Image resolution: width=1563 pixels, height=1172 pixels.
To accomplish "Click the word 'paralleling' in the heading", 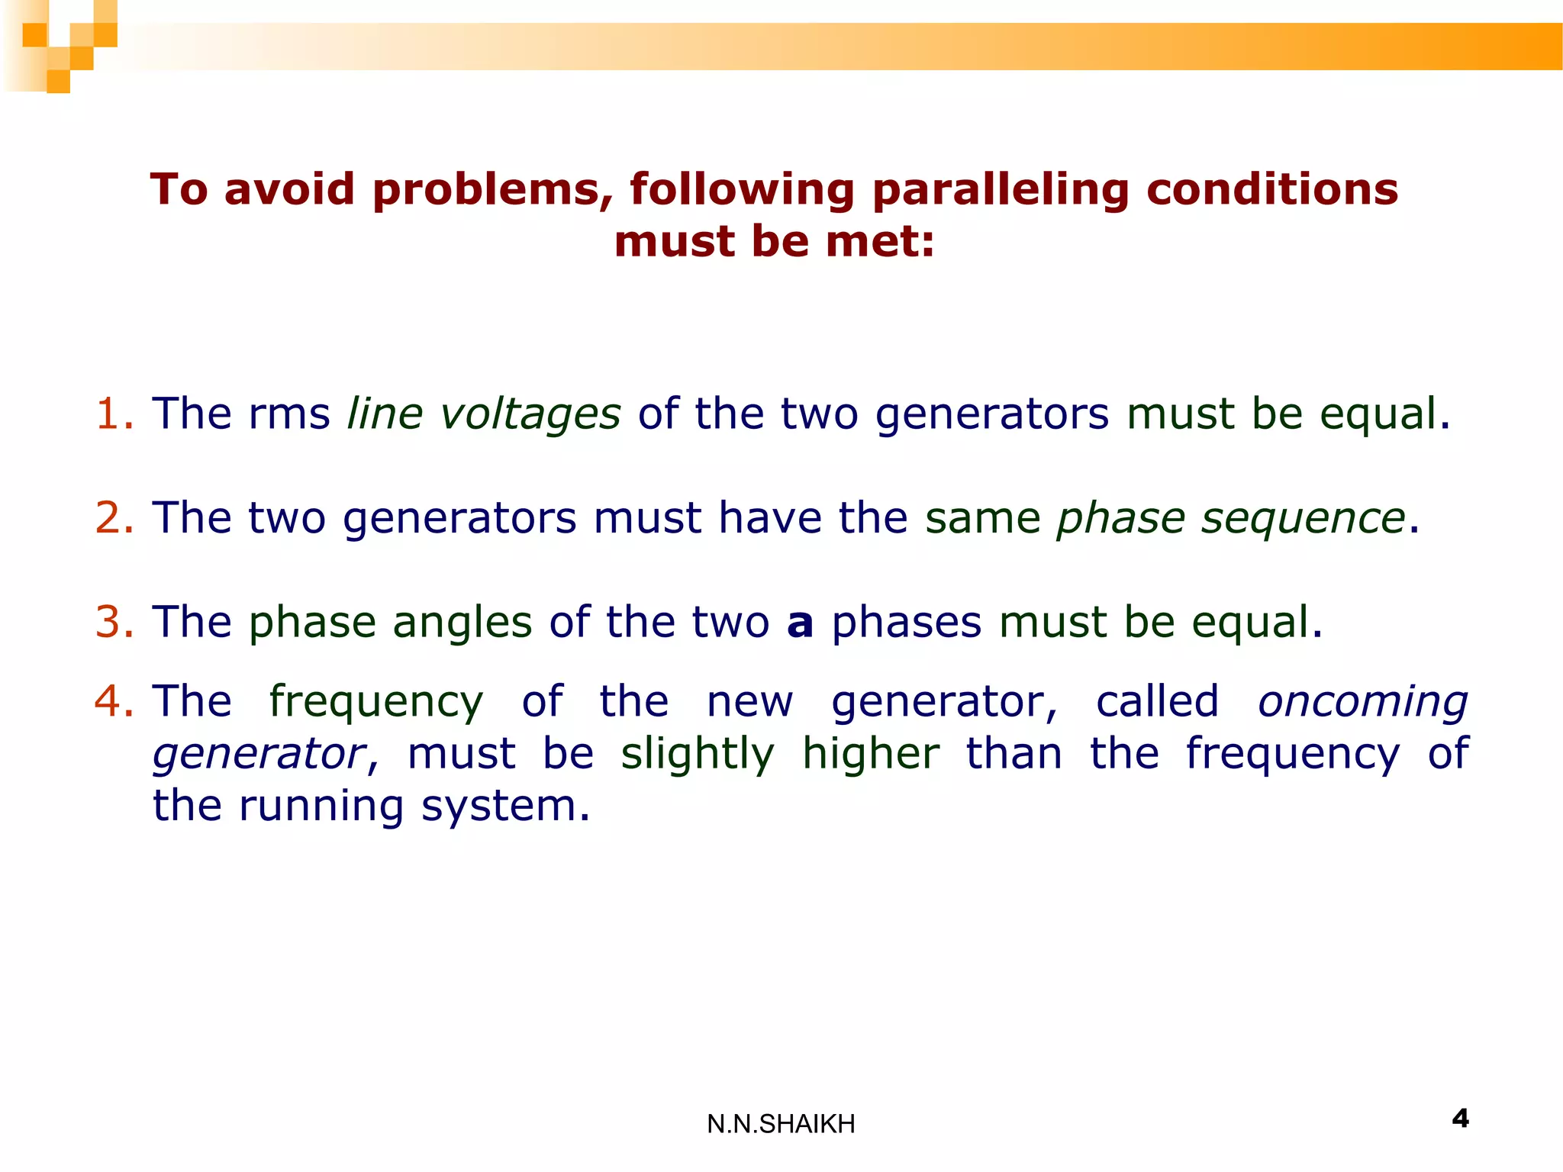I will (1000, 189).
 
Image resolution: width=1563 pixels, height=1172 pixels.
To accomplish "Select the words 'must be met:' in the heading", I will (774, 242).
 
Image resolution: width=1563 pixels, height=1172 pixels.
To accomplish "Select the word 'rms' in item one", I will (289, 414).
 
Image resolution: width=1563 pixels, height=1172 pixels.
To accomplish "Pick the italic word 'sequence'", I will (1303, 519).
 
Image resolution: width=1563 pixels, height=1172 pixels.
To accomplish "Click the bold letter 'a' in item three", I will (800, 623).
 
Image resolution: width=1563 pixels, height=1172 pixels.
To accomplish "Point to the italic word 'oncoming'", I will (1362, 702).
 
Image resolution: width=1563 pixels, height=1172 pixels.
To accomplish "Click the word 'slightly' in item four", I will (698, 755).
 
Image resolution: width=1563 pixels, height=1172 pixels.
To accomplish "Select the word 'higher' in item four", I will (871, 754).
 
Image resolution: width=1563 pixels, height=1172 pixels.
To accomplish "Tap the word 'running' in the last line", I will (321, 807).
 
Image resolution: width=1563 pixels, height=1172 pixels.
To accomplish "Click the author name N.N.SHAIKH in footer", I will (781, 1124).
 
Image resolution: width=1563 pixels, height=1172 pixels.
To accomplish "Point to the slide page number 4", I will (1460, 1119).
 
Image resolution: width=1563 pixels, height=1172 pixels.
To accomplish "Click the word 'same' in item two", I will (982, 518).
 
